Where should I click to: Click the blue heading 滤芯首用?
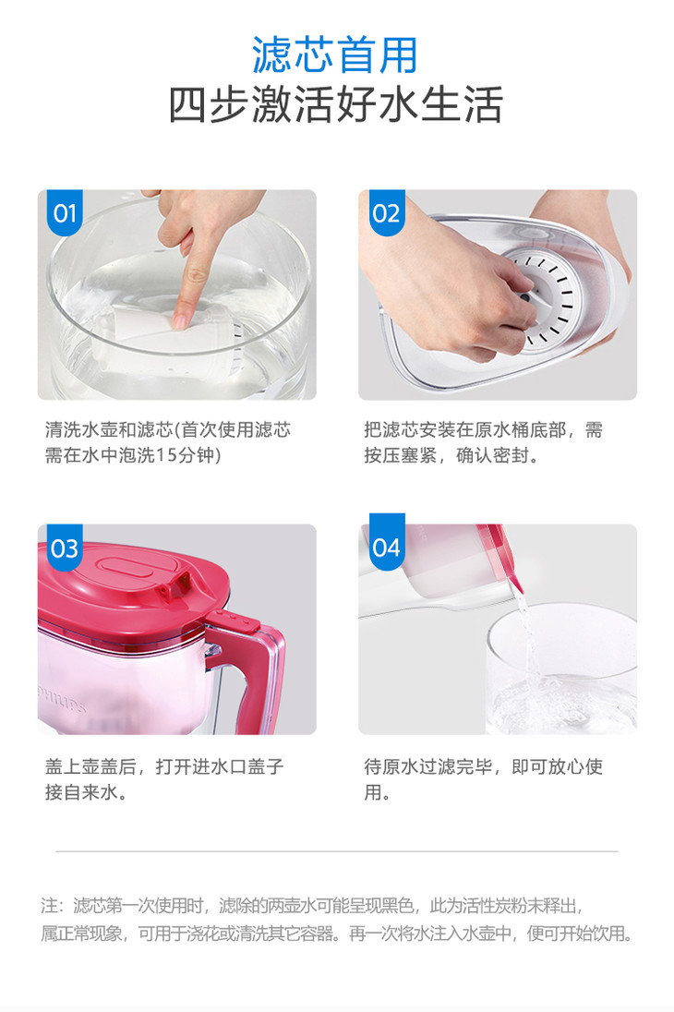point(335,54)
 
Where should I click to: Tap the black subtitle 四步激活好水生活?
point(336,104)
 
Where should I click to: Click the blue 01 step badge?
point(65,212)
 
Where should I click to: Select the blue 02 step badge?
point(387,212)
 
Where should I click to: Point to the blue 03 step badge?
point(65,548)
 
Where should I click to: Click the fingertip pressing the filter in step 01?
point(182,318)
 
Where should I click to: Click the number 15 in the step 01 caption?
point(166,455)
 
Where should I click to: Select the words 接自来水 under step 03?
point(81,792)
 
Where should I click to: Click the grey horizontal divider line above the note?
point(337,851)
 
